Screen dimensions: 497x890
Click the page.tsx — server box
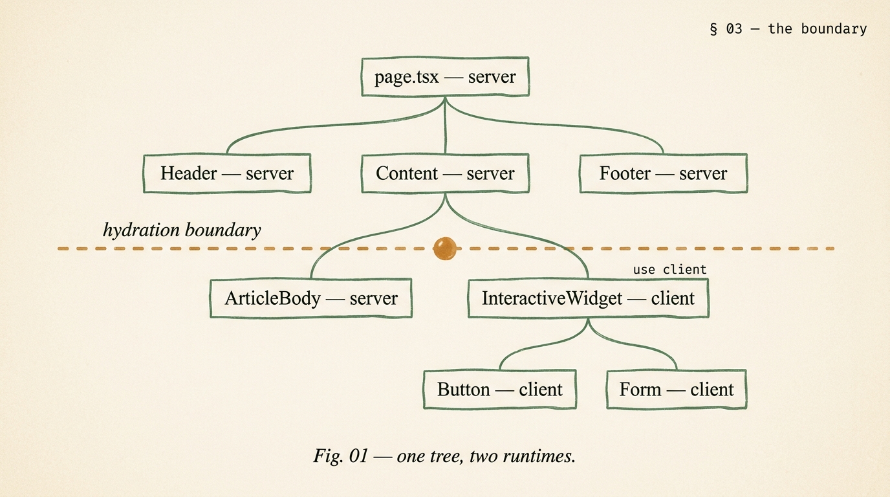[x=445, y=77]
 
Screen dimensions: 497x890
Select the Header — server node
[x=226, y=173]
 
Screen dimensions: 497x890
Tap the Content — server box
[x=445, y=173]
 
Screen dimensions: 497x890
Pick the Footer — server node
[x=663, y=173]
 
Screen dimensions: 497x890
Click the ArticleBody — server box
[x=311, y=298]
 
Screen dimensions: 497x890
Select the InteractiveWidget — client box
[x=588, y=298]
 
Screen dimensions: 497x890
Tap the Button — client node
[x=499, y=390]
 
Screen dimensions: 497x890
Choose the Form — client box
[x=677, y=390]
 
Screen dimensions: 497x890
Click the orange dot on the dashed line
[x=444, y=248]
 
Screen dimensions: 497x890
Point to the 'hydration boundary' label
[x=182, y=230]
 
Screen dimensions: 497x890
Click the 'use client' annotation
[x=669, y=269]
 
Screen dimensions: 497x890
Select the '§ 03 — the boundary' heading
[x=788, y=28]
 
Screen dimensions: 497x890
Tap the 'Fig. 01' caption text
[x=339, y=456]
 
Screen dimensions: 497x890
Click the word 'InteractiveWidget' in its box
[x=552, y=298]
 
